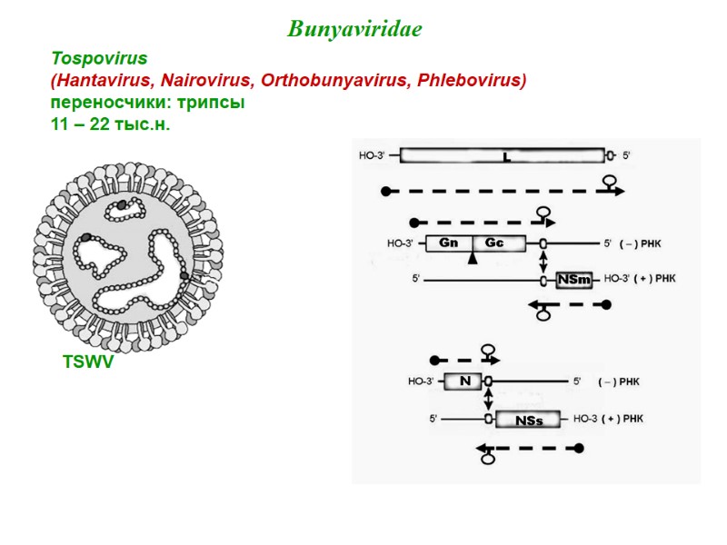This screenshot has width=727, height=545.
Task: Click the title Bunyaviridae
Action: click(354, 30)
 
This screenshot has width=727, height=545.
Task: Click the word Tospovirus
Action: click(99, 59)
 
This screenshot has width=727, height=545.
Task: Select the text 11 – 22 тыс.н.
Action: click(110, 124)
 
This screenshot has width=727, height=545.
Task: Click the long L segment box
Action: click(503, 156)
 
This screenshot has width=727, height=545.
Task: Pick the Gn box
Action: click(449, 243)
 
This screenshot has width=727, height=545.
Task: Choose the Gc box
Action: click(494, 243)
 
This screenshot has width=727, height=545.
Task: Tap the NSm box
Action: click(574, 280)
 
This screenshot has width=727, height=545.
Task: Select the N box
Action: click(464, 381)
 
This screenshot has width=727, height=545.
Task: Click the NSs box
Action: click(529, 420)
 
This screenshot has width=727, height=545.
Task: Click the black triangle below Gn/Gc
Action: click(472, 261)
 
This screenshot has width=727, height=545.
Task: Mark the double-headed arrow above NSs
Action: click(489, 401)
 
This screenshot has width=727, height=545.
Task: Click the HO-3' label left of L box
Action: click(373, 156)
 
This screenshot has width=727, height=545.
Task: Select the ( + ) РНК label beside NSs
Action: click(622, 420)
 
